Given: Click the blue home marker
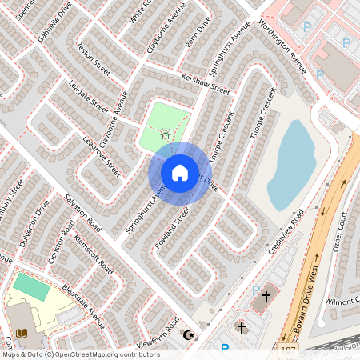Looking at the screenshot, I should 180,171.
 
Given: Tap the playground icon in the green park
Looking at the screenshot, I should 166,137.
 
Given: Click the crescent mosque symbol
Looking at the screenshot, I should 190,334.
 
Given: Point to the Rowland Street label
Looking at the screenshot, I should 172,227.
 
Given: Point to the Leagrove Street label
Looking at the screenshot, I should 102,157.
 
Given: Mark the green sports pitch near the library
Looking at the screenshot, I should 30,287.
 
